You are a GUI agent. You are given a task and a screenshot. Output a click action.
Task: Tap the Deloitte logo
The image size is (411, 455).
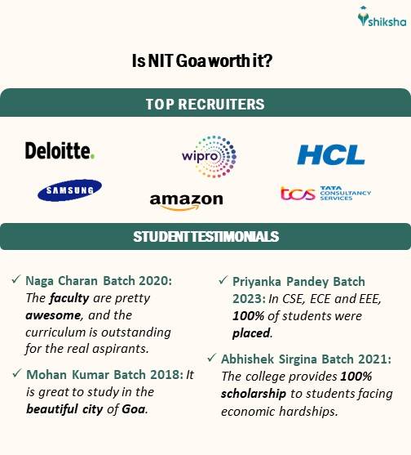(60, 150)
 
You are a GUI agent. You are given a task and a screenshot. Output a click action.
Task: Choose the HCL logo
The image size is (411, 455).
(330, 154)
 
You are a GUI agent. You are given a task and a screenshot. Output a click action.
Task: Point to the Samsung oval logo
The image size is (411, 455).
(68, 190)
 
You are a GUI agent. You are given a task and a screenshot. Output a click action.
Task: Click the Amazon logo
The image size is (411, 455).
(187, 200)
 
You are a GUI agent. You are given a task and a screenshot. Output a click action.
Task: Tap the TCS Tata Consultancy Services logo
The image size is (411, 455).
(325, 194)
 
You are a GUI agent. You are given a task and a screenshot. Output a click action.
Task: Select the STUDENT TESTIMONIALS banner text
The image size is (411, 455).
(205, 237)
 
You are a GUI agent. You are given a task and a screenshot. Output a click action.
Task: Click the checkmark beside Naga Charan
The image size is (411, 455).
(16, 280)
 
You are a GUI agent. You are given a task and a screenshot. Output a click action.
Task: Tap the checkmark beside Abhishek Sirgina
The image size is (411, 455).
(213, 358)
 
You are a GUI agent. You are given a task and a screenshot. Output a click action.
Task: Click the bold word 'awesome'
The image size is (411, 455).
(48, 315)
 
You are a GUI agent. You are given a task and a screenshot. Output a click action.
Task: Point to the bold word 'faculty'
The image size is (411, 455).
(72, 297)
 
